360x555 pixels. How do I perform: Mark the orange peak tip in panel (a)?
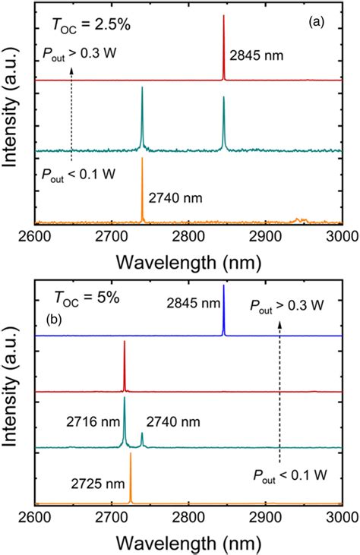(142, 159)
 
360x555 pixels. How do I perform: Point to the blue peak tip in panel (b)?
(223, 286)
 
